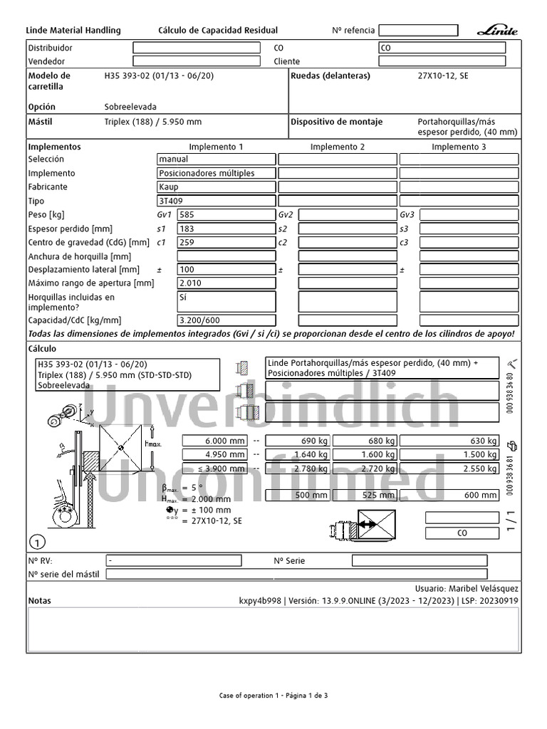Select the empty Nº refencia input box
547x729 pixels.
pos(418,31)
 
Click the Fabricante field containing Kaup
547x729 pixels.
pos(216,187)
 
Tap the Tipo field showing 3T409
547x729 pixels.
pos(216,201)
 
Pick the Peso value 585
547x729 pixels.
pos(226,214)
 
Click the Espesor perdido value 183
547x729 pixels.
pos(226,229)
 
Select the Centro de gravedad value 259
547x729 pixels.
pos(226,242)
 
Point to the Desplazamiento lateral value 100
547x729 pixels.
pos(226,270)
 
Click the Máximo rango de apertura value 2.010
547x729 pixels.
pos(226,283)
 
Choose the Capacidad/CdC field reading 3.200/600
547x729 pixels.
pos(226,320)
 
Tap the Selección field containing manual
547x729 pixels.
pos(216,159)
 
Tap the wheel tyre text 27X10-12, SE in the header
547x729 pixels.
pos(442,75)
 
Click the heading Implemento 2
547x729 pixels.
pos(338,147)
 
